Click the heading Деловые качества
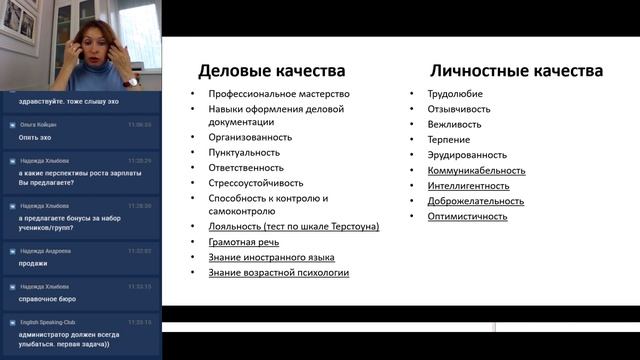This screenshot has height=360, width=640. (x=272, y=71)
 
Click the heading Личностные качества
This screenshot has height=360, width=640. (x=515, y=71)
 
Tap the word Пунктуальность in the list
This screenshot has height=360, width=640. (x=246, y=152)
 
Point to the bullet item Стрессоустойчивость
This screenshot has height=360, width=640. (x=255, y=182)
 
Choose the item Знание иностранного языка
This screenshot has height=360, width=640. (x=271, y=257)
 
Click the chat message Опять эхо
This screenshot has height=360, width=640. (x=35, y=137)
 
